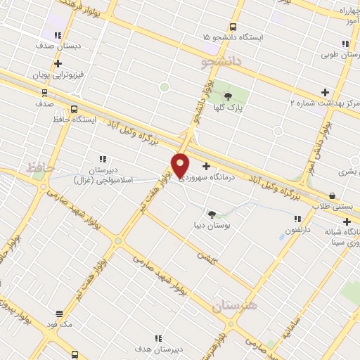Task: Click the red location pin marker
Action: pos(180,165)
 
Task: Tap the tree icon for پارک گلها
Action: pos(226,97)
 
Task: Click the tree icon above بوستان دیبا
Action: pos(212,213)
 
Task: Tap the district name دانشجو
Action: pos(220,63)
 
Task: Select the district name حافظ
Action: pos(41,169)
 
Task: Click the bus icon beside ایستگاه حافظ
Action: pos(75,109)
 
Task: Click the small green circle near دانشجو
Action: pos(165,87)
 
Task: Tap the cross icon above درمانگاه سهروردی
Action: pos(206,167)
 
